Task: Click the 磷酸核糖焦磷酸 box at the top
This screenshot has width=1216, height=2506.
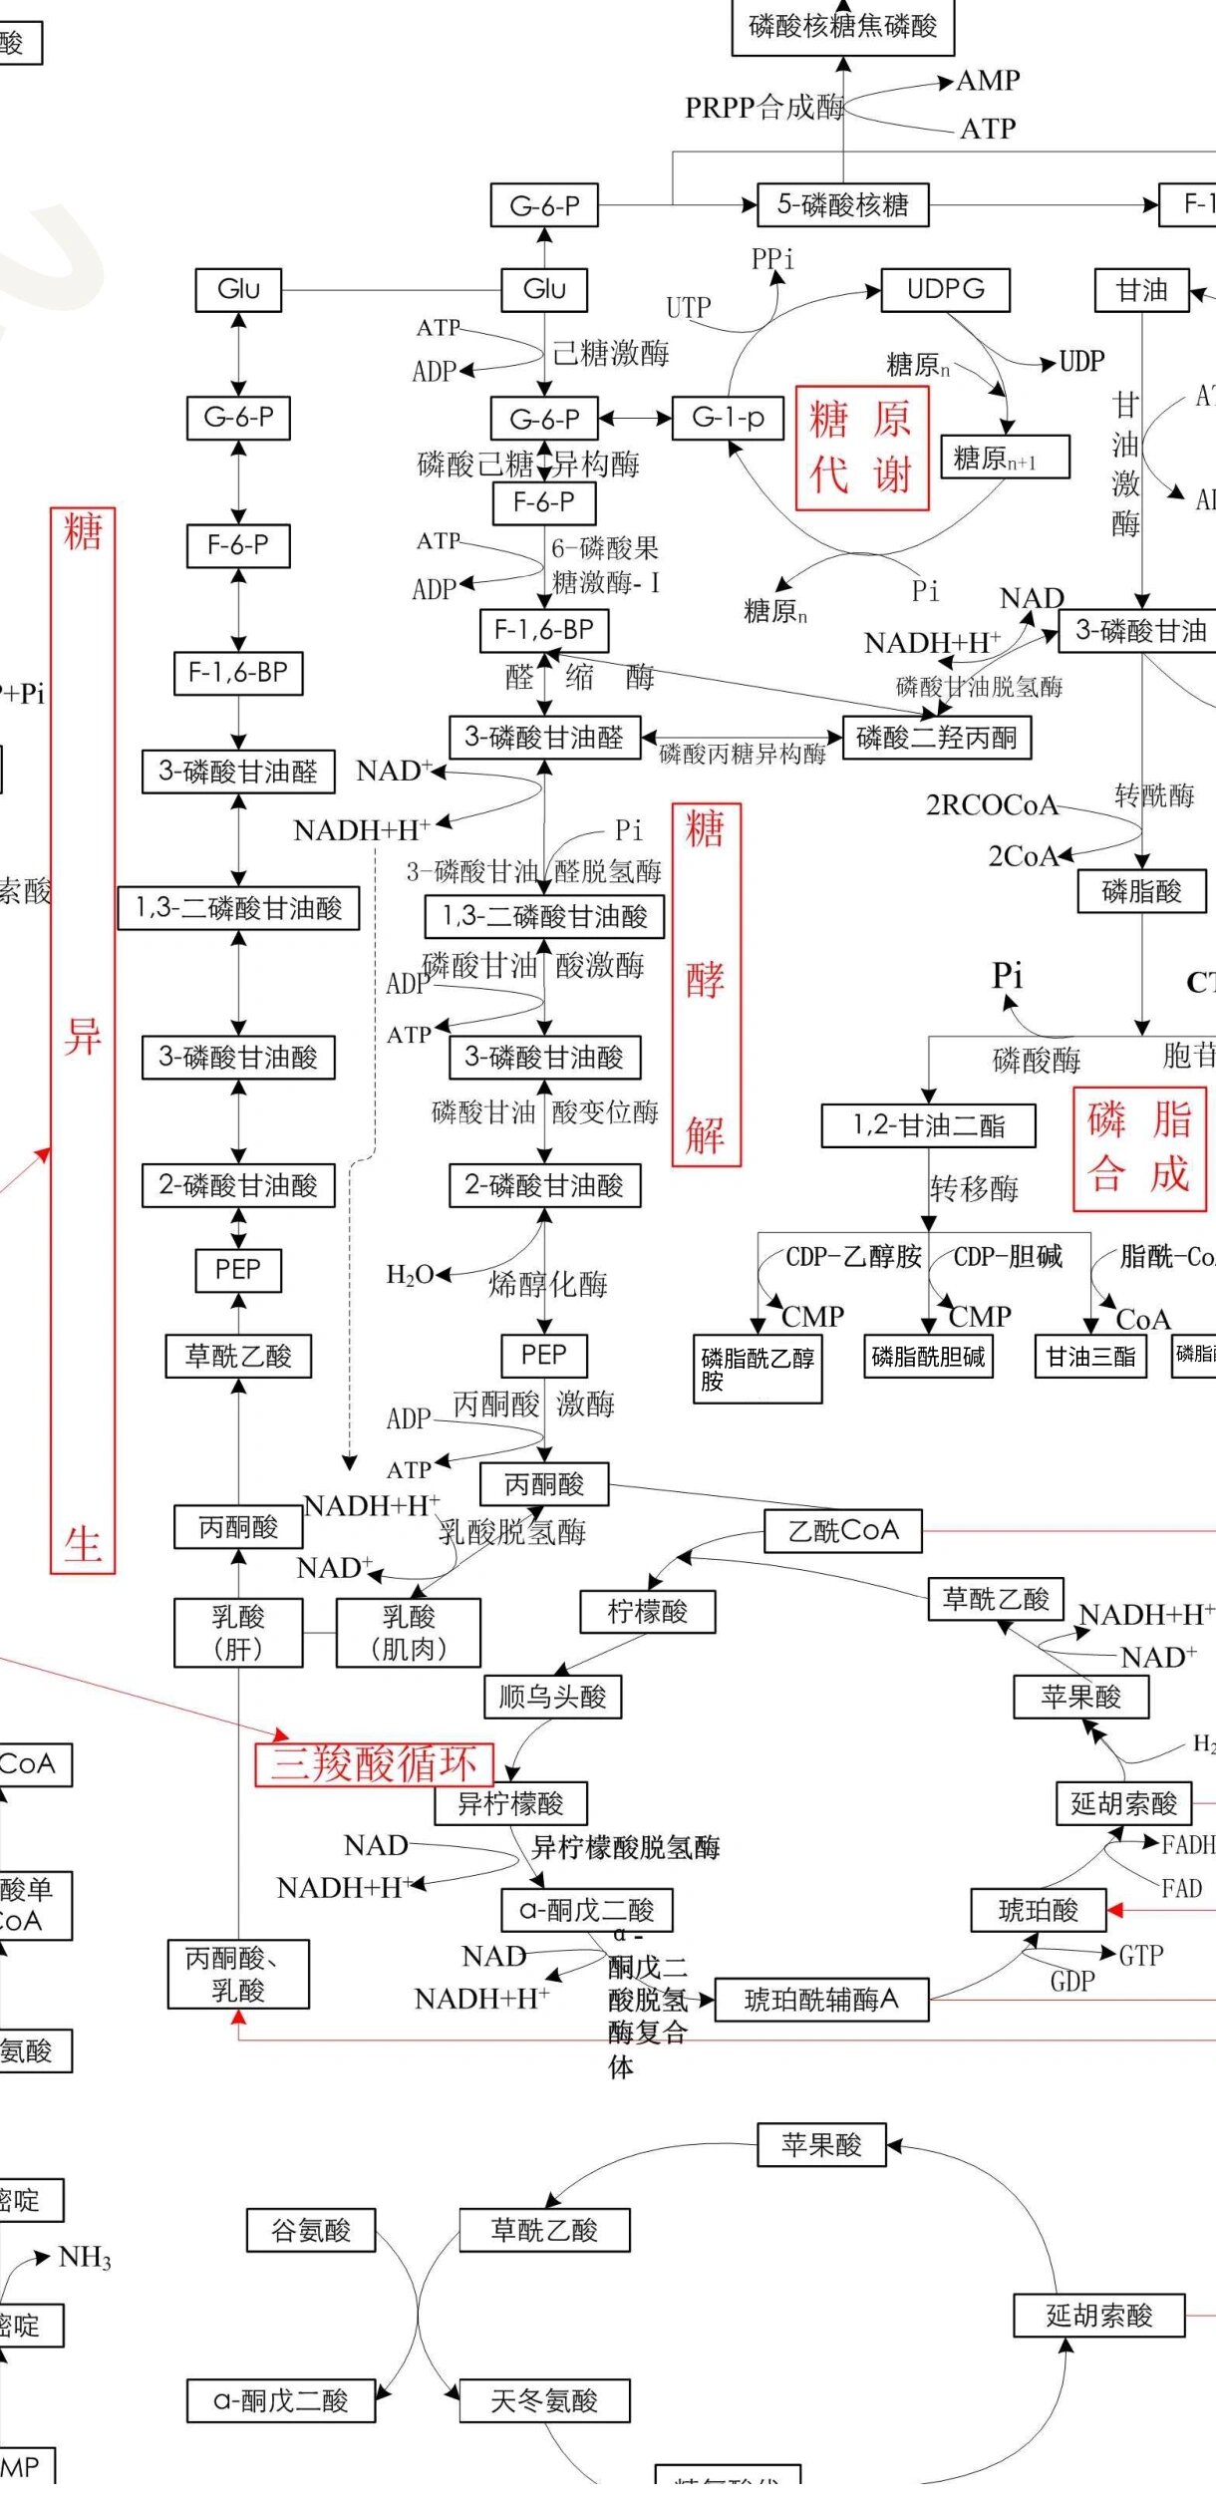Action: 842,27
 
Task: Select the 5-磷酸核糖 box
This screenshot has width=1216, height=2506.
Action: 842,205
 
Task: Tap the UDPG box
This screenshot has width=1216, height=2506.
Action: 945,290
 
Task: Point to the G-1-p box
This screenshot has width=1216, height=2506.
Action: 729,418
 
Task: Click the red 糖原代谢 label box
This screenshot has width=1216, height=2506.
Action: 862,448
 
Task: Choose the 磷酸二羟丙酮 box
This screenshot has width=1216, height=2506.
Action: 936,738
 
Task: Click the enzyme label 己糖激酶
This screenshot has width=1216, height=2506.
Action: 611,353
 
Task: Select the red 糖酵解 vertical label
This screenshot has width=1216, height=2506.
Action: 706,984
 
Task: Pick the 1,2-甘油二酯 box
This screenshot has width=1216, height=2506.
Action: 928,1125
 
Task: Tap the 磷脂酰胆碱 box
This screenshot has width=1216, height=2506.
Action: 928,1357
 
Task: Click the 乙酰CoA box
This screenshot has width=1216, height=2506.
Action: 843,1531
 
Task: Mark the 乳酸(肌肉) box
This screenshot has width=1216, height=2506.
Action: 409,1633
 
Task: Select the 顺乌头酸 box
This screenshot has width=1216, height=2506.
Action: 552,1697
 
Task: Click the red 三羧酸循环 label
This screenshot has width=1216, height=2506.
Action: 374,1763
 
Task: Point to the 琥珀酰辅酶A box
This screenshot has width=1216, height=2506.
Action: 821,1999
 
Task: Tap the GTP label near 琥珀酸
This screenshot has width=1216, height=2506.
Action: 1140,1956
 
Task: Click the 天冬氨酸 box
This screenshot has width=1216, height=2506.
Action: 544,2401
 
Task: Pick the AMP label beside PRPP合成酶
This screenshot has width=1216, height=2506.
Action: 988,81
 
